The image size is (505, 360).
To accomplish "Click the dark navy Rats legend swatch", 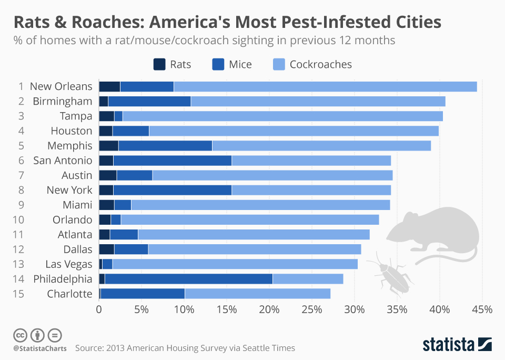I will [159, 64].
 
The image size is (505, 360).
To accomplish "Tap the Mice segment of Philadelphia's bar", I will [188, 279].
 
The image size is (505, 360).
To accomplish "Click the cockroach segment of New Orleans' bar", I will [325, 86].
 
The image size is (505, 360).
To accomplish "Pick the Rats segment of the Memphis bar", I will [108, 146].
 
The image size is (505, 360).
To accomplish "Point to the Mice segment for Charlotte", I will [142, 294].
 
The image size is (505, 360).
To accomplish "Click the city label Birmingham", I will [62, 101].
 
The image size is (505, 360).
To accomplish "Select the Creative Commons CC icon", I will [21, 335].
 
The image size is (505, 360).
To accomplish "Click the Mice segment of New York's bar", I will [172, 190].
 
